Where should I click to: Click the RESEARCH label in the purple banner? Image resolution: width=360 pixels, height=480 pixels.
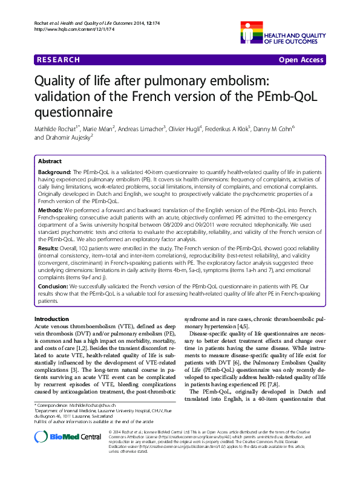[58, 60]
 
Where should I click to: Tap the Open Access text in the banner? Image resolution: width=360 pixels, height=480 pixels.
[302, 60]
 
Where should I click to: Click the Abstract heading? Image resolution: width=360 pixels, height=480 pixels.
[50, 161]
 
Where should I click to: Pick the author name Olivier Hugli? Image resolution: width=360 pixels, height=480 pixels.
[185, 129]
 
